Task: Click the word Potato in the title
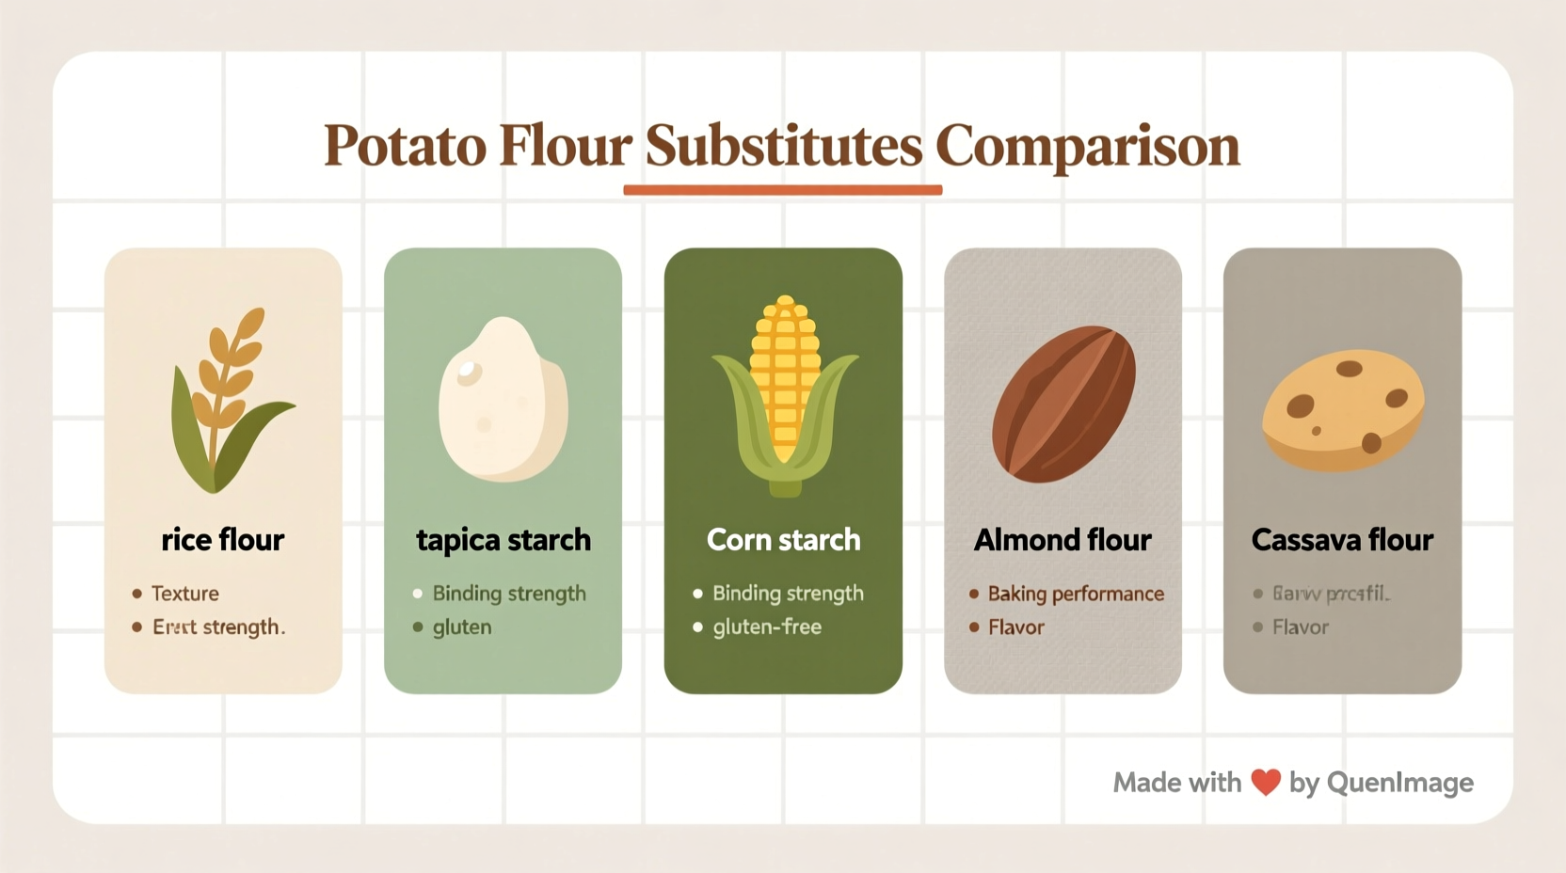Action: tap(406, 147)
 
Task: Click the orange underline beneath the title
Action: tap(782, 190)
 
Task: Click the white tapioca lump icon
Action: tap(503, 400)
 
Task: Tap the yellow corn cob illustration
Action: tap(784, 395)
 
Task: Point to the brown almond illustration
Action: tap(1063, 404)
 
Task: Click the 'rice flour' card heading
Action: tap(223, 540)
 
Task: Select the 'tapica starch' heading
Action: tap(503, 540)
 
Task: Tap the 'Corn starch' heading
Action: tap(783, 540)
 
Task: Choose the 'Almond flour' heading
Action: tap(1063, 540)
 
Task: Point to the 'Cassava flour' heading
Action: tap(1342, 540)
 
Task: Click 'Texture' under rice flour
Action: tap(185, 594)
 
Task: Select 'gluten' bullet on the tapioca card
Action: tap(462, 627)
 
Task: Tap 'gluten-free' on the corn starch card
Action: tap(767, 627)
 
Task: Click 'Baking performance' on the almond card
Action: tap(1076, 594)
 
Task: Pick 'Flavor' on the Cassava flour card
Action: tap(1301, 627)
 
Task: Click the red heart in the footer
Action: tap(1266, 783)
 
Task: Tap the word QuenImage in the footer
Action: tap(1399, 783)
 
